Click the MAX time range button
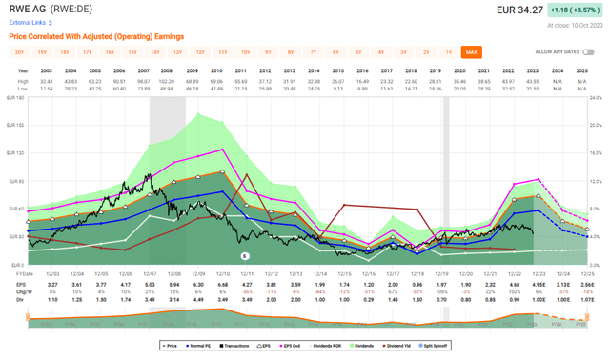(x=470, y=51)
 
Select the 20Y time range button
(x=20, y=51)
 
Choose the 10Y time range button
(x=246, y=51)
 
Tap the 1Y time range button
(x=449, y=51)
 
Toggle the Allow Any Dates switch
(x=597, y=51)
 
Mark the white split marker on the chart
(x=245, y=256)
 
